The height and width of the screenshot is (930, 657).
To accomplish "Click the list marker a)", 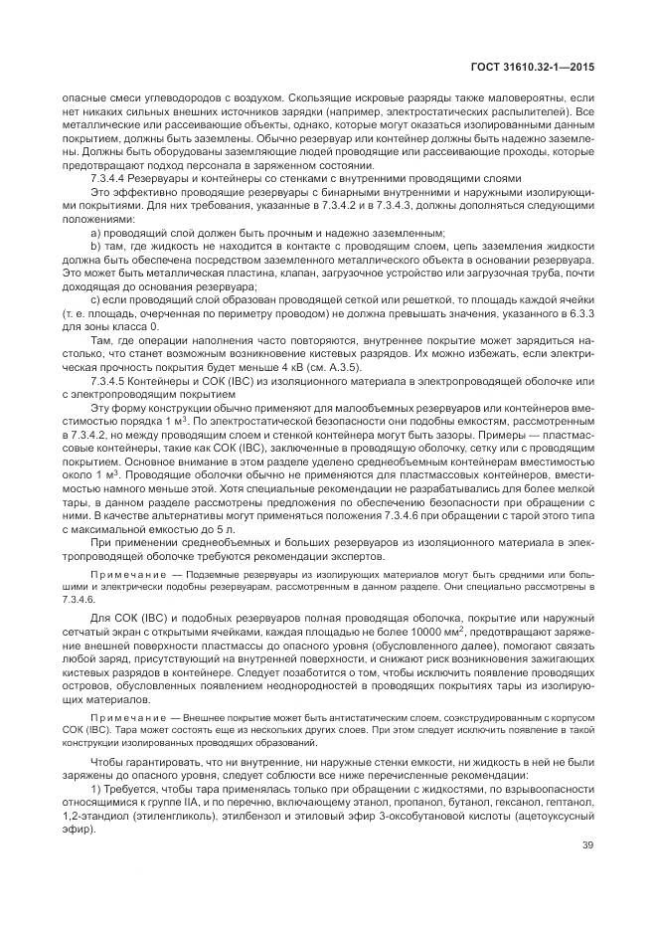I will coord(95,232).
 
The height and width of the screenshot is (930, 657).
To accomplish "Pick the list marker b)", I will coord(95,245).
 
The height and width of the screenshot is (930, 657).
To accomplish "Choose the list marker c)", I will coord(95,298).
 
